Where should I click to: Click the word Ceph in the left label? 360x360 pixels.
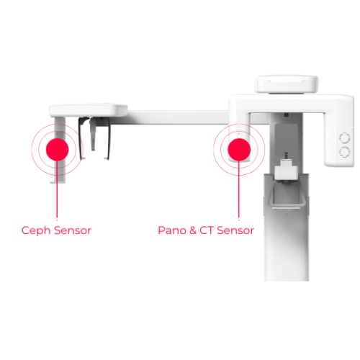35,230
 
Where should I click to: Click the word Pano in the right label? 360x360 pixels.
171,230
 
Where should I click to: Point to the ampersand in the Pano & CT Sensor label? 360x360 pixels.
192,230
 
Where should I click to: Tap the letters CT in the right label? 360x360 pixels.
207,230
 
